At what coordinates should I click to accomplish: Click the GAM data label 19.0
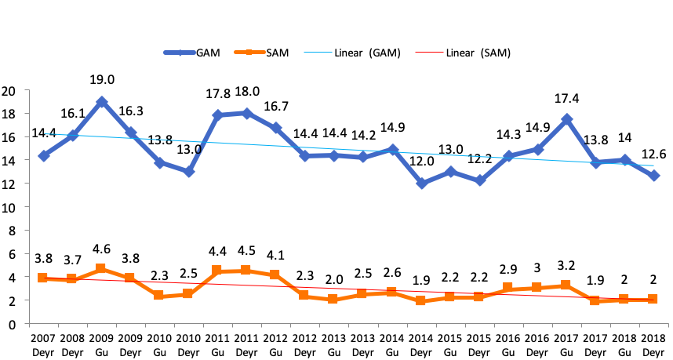pos(102,80)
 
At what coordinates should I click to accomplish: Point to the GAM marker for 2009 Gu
pos(102,102)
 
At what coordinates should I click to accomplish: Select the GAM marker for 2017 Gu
pos(566,120)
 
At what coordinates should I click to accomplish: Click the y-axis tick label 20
pos(9,90)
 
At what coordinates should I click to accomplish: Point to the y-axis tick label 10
pos(9,207)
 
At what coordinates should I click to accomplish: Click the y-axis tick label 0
pos(12,324)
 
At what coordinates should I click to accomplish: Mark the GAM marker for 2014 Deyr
pos(423,184)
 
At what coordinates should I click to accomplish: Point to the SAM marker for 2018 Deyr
pos(653,300)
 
